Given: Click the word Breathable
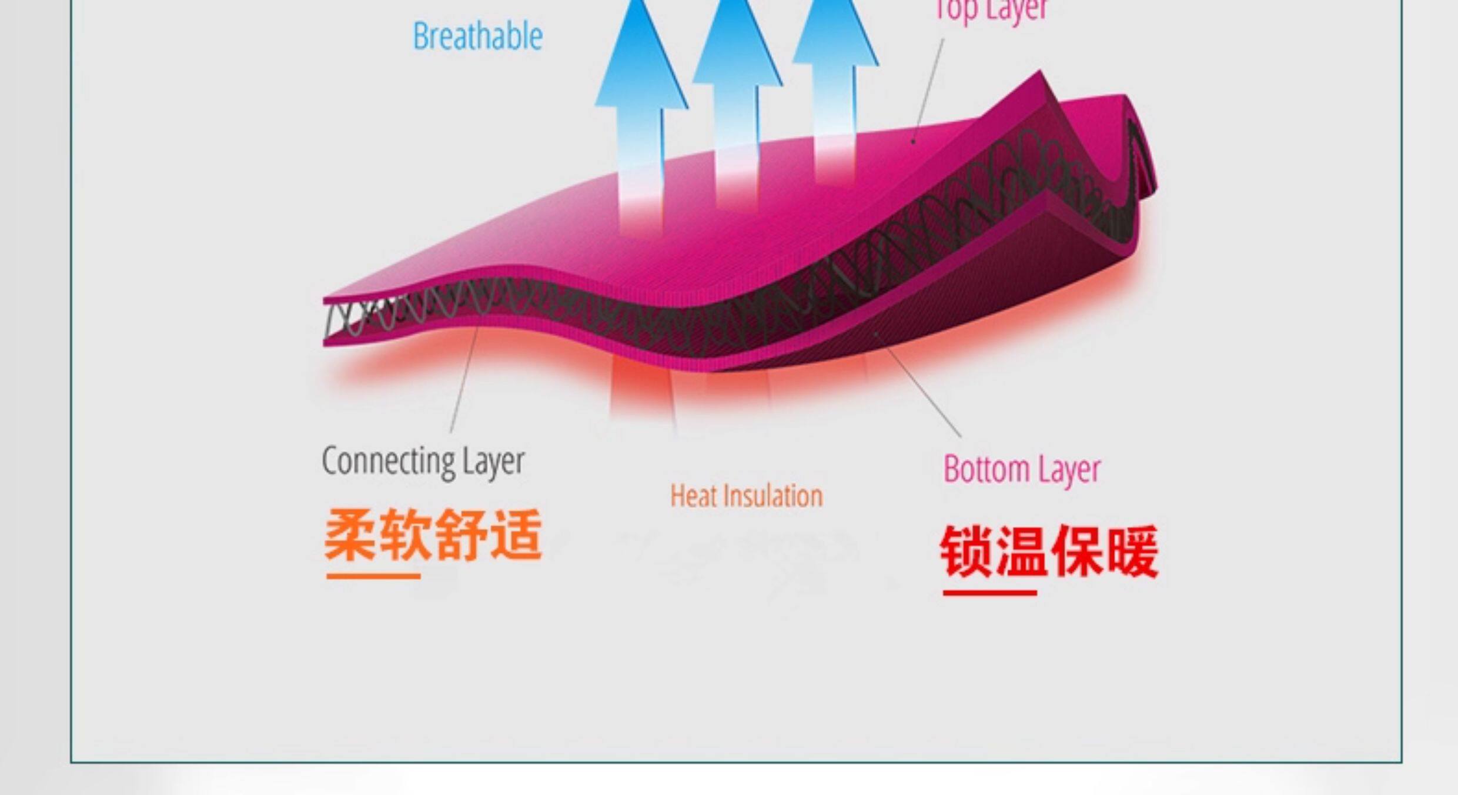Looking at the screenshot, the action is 477,36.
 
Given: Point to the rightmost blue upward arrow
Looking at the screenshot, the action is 835,76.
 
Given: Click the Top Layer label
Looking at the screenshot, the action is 991,9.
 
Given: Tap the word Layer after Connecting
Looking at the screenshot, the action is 493,462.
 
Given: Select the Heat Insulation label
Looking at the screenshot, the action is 746,496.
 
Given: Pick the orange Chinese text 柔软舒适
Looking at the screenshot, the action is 433,535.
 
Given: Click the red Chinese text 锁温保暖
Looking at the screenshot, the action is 1049,552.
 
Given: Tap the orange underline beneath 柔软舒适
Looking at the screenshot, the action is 373,576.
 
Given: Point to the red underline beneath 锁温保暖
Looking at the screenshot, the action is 989,593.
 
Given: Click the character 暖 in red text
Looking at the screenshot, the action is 1132,552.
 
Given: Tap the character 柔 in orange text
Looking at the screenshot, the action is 350,535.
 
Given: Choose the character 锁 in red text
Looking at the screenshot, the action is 967,552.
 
